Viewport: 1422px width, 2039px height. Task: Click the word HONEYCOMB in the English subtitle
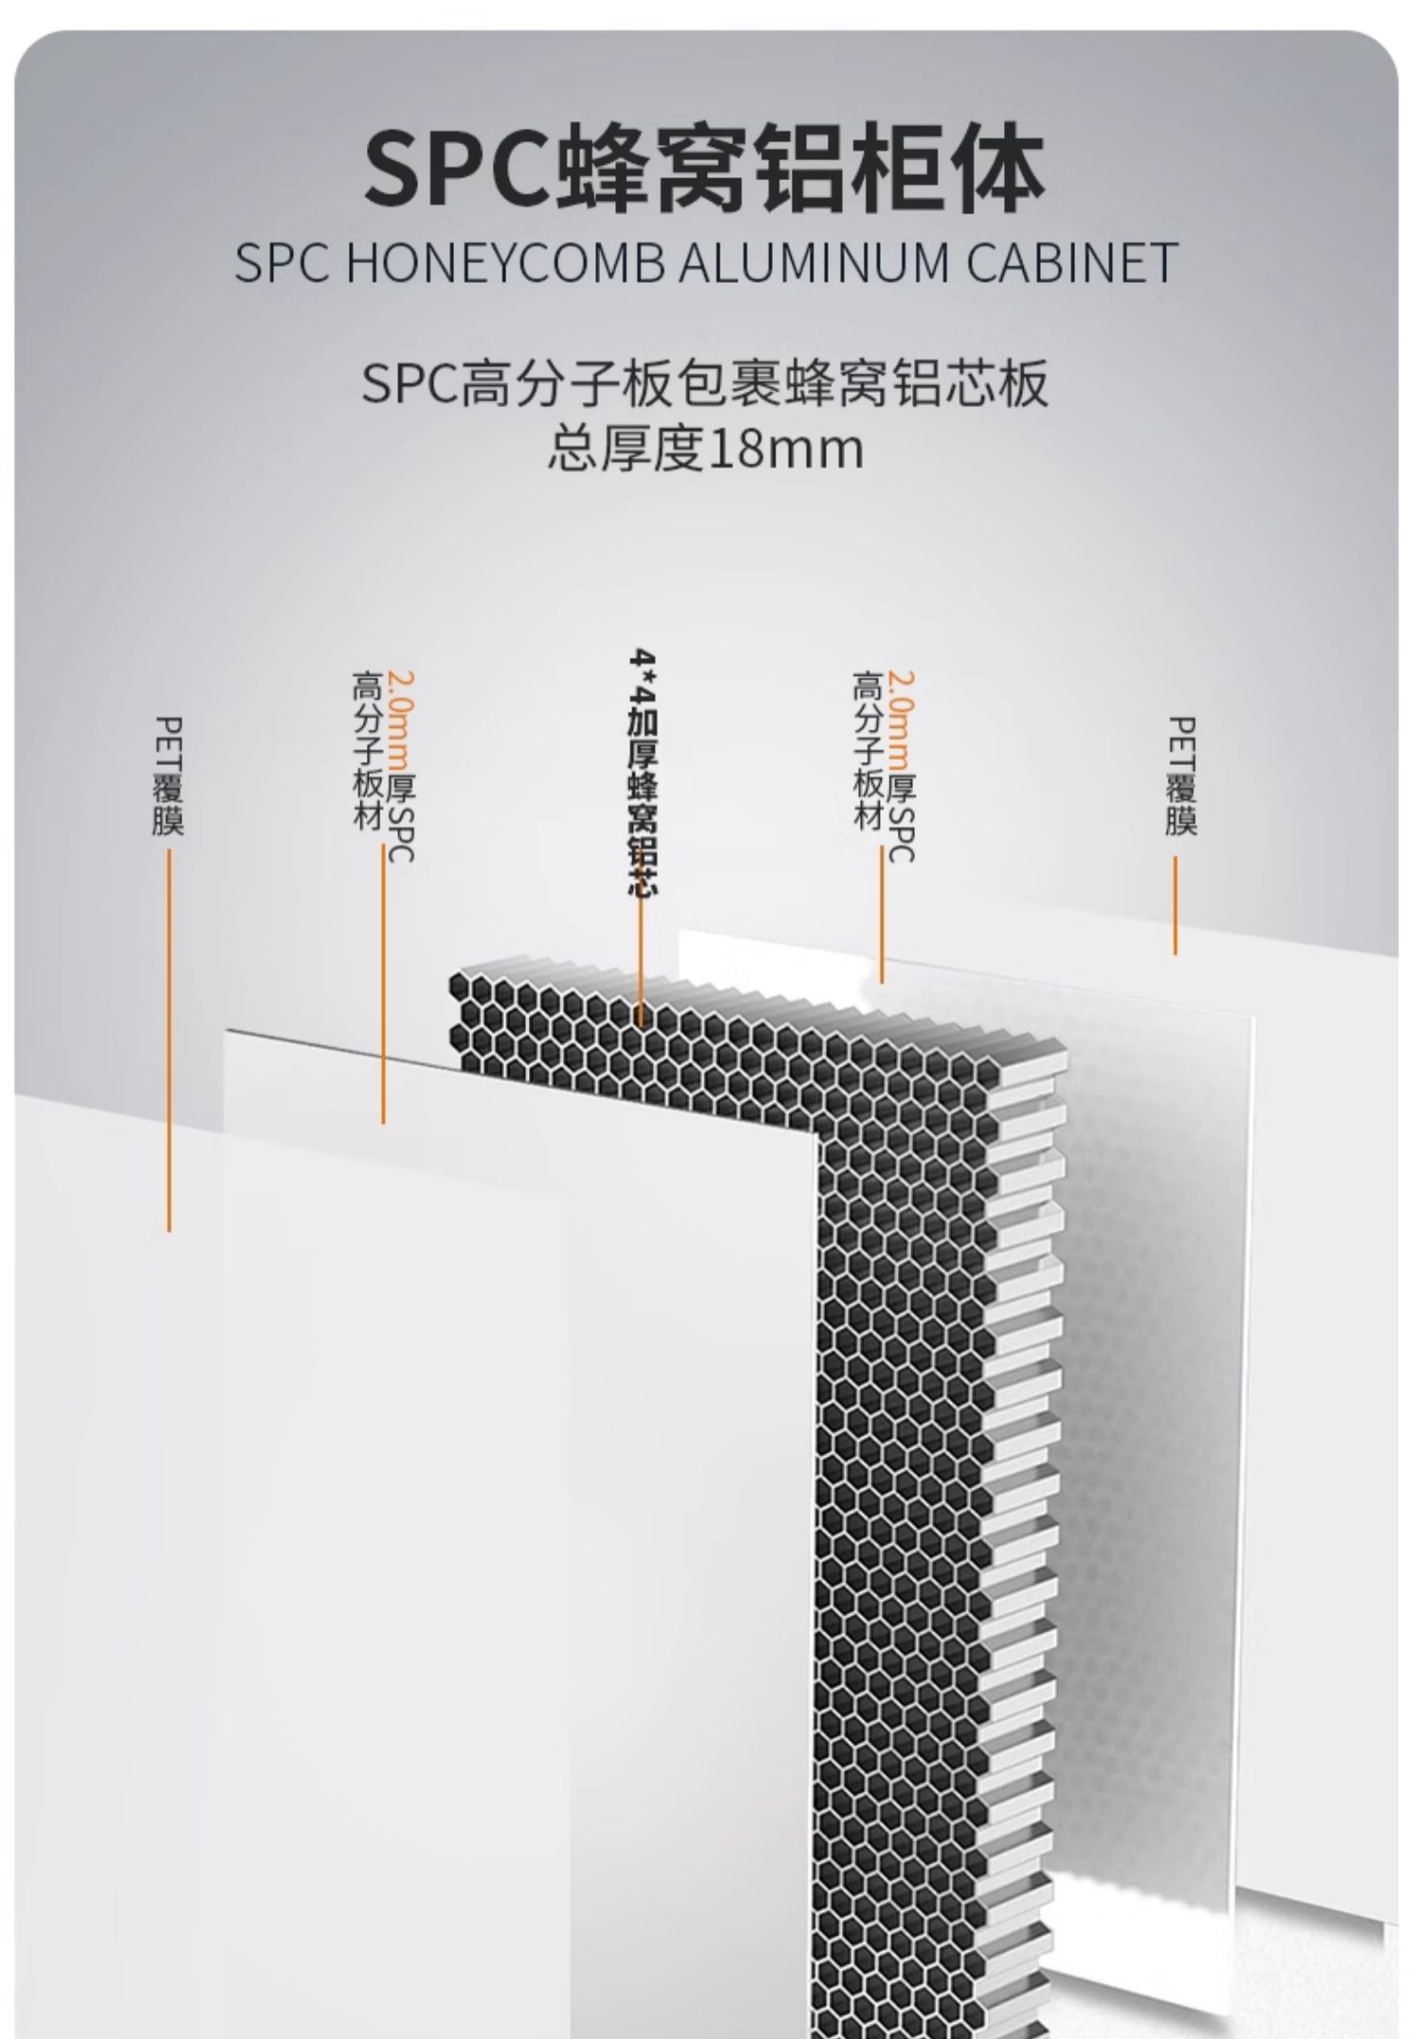click(x=503, y=263)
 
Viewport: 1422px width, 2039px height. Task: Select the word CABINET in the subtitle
click(x=1072, y=263)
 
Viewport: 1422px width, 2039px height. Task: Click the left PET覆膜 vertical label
click(x=168, y=776)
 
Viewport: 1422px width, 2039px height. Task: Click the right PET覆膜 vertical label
click(x=1181, y=776)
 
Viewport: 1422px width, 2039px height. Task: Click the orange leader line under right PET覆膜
click(x=1176, y=906)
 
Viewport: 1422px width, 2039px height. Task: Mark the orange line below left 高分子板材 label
click(x=383, y=986)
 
